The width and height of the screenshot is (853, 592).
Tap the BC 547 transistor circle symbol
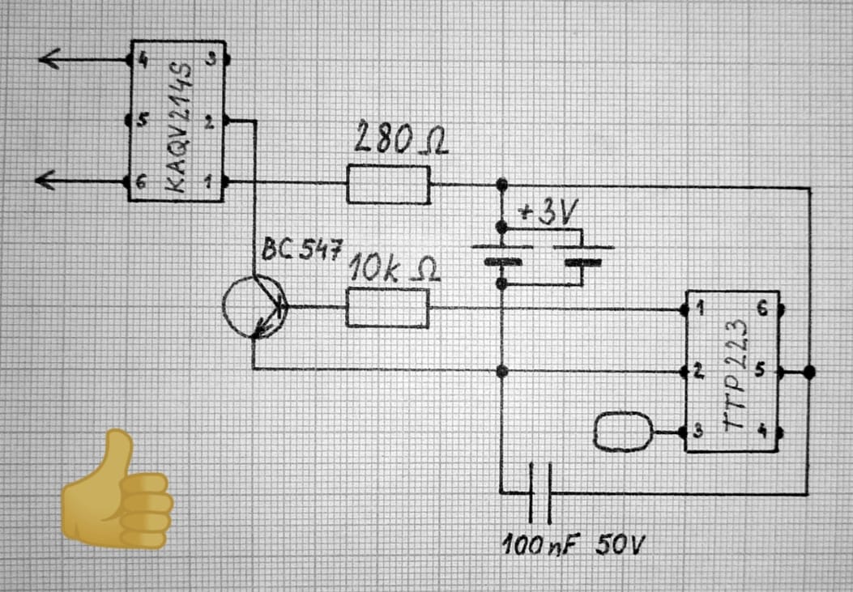pos(254,307)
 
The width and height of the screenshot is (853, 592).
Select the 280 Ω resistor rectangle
pos(388,184)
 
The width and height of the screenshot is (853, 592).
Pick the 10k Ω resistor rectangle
pos(388,307)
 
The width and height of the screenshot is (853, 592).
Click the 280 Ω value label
pos(400,141)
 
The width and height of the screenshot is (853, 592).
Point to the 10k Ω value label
pos(395,270)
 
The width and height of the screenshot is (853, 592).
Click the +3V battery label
pos(548,213)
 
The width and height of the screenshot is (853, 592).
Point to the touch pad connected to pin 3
pos(623,431)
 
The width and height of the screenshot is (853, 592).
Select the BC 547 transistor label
pos(298,249)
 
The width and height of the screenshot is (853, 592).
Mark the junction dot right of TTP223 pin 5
pos(808,372)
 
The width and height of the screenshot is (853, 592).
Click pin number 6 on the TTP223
pos(760,309)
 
